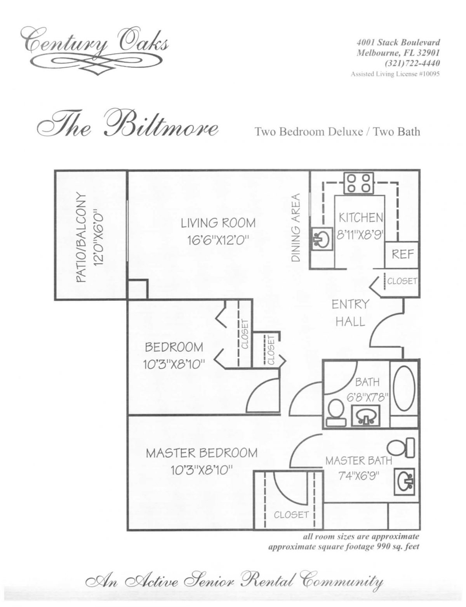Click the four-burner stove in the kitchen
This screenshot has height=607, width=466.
[x=359, y=183]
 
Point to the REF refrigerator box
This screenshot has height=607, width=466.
[x=402, y=255]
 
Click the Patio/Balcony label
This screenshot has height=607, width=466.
[x=90, y=237]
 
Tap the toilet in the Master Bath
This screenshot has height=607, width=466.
[x=403, y=447]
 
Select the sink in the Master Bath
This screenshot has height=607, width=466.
[x=406, y=481]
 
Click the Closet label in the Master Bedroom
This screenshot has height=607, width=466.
[x=291, y=515]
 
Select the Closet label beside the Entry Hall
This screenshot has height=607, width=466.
[x=402, y=281]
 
